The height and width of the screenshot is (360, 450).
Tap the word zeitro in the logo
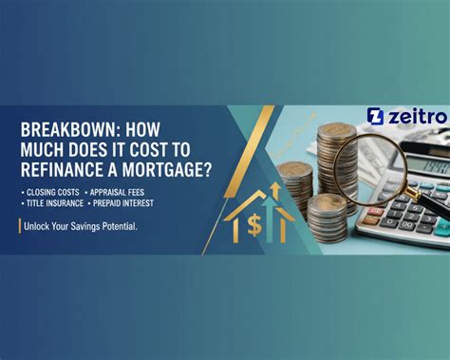click(414, 117)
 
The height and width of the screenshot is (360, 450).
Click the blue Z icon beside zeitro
click(375, 117)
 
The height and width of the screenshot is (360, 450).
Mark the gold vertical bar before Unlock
click(21, 225)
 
